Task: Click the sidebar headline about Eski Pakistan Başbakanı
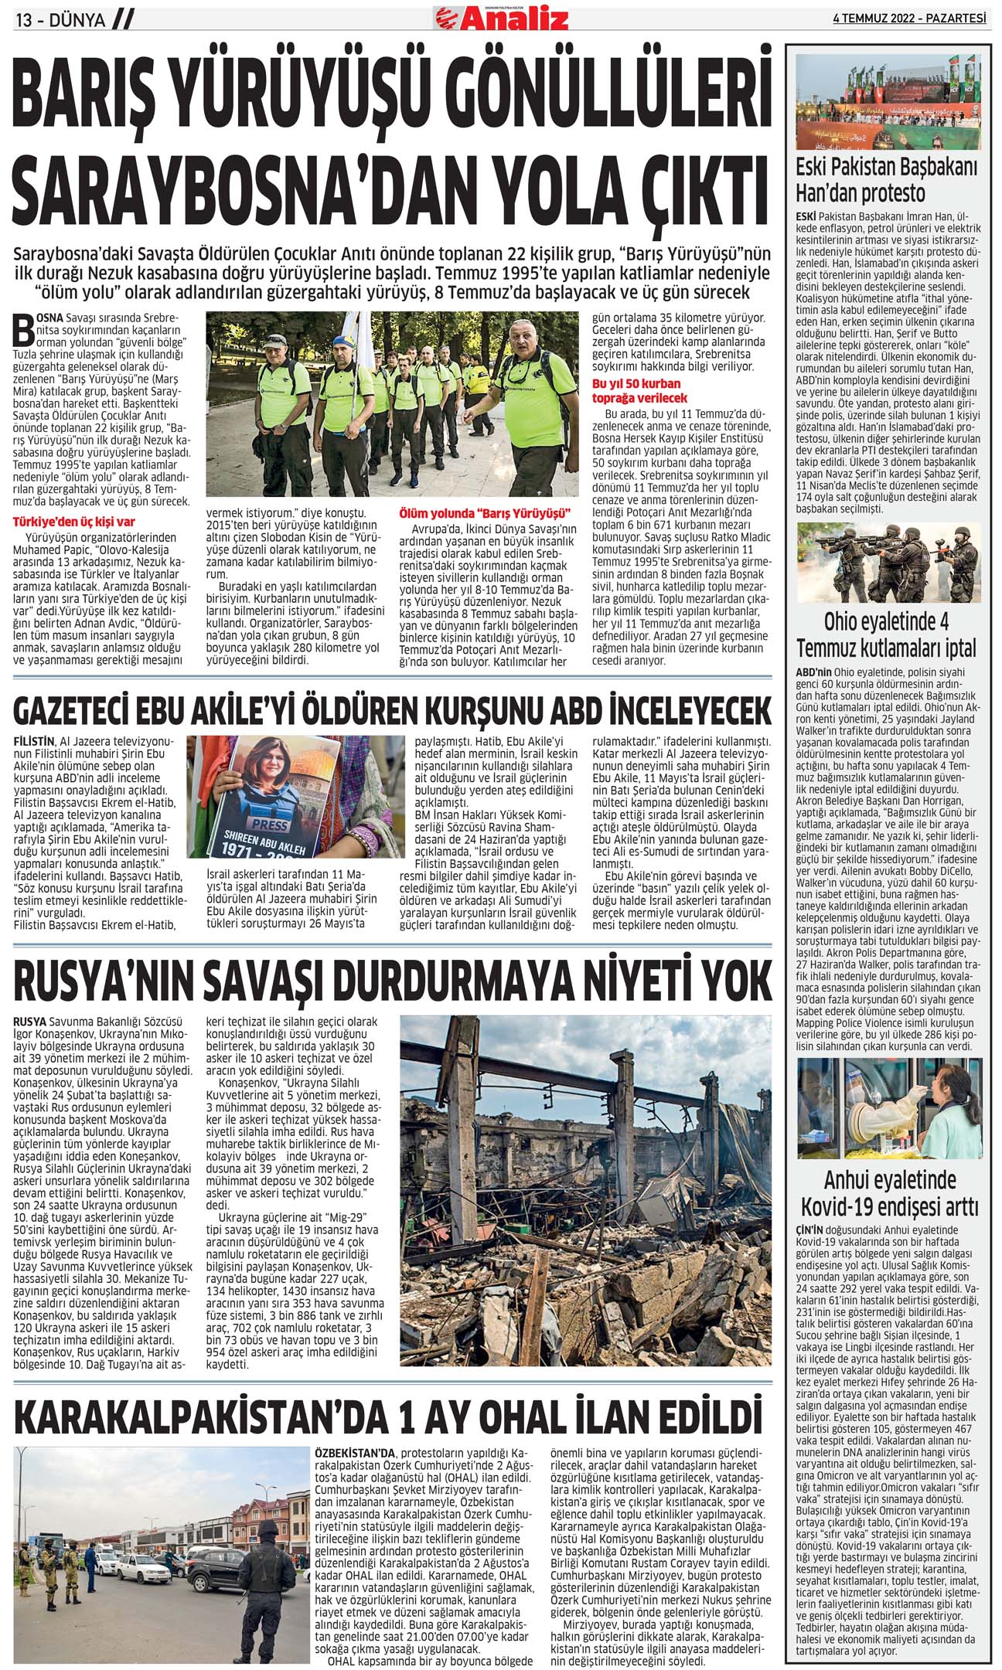tap(888, 179)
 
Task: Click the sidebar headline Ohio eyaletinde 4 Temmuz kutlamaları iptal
tap(888, 634)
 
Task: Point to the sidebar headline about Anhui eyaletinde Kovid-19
tap(889, 1192)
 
